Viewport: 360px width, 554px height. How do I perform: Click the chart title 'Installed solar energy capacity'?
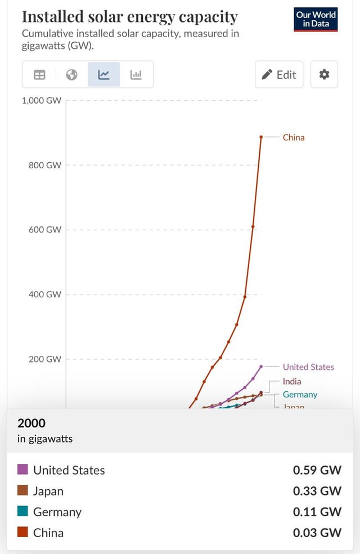pos(129,17)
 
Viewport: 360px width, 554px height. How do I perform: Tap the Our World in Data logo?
pos(316,19)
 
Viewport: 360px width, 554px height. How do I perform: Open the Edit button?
pos(279,75)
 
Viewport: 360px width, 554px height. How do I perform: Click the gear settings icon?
pos(324,74)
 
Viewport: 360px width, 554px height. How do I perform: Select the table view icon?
pos(39,75)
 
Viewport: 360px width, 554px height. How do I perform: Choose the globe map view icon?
pos(71,75)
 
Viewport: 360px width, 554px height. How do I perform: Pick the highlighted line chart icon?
pos(103,75)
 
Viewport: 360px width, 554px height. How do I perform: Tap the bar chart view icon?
pos(136,75)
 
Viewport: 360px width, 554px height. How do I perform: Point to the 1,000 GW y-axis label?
pos(42,101)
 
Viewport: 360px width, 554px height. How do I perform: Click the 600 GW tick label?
pos(45,230)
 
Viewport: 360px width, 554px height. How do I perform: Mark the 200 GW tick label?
pos(45,359)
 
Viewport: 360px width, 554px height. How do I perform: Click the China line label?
pos(294,137)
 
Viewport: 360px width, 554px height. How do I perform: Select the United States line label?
pos(308,367)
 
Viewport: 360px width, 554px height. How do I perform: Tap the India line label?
pos(292,381)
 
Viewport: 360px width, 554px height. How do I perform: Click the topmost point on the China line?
pos(261,137)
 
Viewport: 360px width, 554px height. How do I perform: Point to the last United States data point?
pos(261,367)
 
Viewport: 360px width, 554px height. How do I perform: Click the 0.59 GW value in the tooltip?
pos(317,470)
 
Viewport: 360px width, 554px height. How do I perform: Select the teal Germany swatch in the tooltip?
pos(22,511)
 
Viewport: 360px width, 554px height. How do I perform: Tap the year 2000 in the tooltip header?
pos(31,423)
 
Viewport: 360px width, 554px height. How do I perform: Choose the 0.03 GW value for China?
pos(317,533)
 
